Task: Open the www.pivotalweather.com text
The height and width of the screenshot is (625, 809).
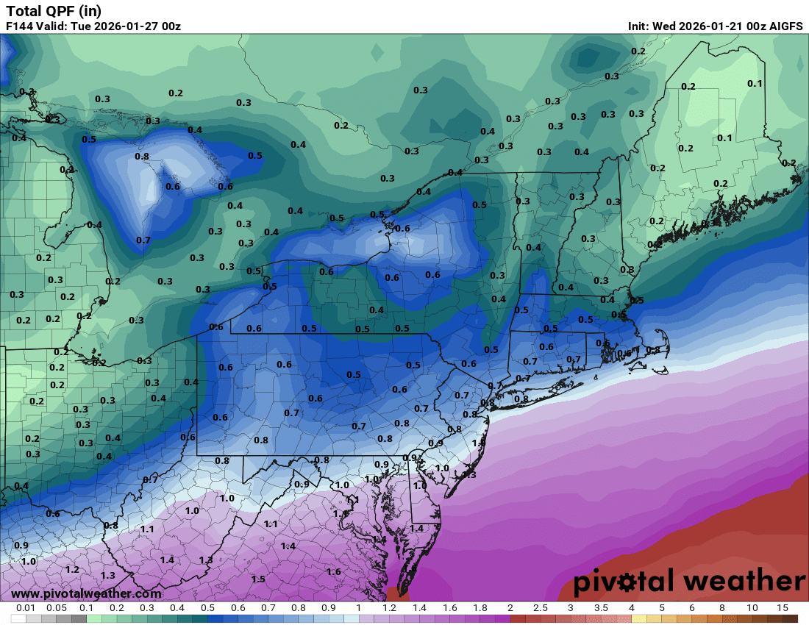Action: click(x=86, y=593)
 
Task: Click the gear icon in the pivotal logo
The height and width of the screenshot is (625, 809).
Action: click(x=627, y=582)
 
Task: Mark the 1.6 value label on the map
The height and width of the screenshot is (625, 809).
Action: click(x=333, y=571)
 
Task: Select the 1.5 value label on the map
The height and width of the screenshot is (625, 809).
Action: click(x=258, y=579)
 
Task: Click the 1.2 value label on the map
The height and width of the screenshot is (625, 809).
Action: click(x=72, y=570)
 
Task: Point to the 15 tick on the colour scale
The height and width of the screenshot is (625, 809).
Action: click(x=782, y=608)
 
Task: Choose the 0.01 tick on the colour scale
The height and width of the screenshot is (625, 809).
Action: click(x=26, y=608)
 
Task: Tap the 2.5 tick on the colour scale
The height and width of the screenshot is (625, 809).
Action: click(x=540, y=608)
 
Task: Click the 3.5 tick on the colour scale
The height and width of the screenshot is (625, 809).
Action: click(x=601, y=608)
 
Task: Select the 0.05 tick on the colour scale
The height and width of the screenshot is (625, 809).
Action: click(x=57, y=608)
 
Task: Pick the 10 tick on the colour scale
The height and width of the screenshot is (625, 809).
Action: click(x=752, y=608)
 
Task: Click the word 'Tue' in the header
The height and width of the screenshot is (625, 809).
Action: click(x=88, y=26)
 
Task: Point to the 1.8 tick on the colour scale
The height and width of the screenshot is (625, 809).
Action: click(x=480, y=608)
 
